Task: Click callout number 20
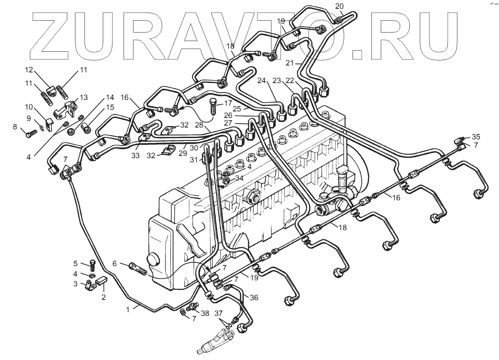340,6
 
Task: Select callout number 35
476,137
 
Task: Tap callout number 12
29,70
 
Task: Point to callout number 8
15,127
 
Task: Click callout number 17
228,103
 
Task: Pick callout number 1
128,308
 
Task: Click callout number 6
114,263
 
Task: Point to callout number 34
239,178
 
